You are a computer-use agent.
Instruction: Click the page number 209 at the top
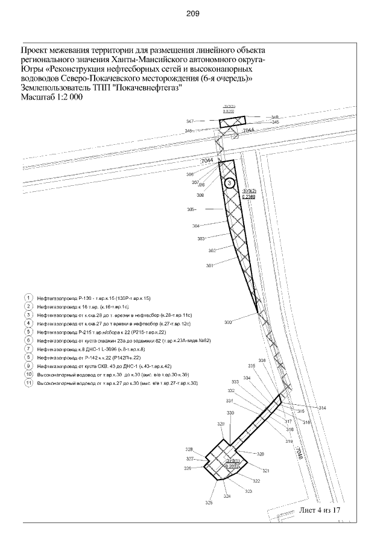coord(193,13)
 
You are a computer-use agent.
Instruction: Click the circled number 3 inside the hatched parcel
coord(229,183)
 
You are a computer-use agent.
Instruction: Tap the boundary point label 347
coord(189,121)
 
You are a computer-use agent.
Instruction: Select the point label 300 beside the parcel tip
coord(228,323)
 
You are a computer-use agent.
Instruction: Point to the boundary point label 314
coord(322,408)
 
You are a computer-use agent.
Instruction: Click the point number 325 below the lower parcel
coord(209,503)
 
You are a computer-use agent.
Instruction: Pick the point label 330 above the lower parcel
coord(230,413)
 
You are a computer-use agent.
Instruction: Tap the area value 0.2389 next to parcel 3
coord(248,196)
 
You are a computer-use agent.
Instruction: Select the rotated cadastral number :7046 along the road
coord(297,453)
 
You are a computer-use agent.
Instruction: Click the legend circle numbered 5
coord(28,332)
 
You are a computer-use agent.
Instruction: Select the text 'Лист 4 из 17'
coord(321,510)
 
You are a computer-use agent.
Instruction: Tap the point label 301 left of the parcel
coord(210,265)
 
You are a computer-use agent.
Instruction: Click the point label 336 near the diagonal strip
coord(262,361)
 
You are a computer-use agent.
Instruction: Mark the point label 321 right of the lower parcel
coord(265,471)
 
